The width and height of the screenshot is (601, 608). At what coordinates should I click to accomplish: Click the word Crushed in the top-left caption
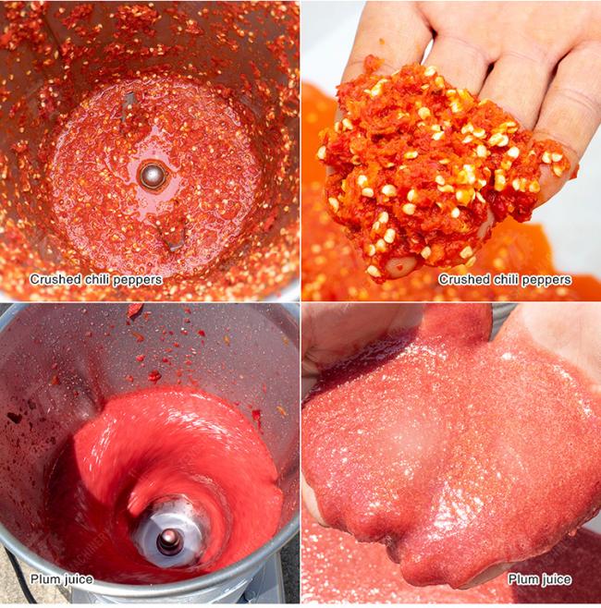55,279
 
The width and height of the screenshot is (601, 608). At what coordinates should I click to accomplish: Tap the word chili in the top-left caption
96,279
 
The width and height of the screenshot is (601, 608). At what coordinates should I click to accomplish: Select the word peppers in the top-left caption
136,280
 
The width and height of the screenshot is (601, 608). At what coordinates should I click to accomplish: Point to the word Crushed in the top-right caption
464,279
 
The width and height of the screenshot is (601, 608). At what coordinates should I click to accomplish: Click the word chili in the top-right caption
505,279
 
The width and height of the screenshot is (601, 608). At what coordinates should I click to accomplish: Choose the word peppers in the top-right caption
546,280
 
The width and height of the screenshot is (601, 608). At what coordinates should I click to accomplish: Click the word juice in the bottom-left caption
79,580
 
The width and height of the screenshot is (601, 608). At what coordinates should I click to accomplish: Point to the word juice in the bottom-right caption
557,580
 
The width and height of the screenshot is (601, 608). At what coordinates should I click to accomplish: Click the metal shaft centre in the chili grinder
152,176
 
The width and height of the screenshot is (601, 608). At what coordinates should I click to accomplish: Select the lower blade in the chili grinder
171,232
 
